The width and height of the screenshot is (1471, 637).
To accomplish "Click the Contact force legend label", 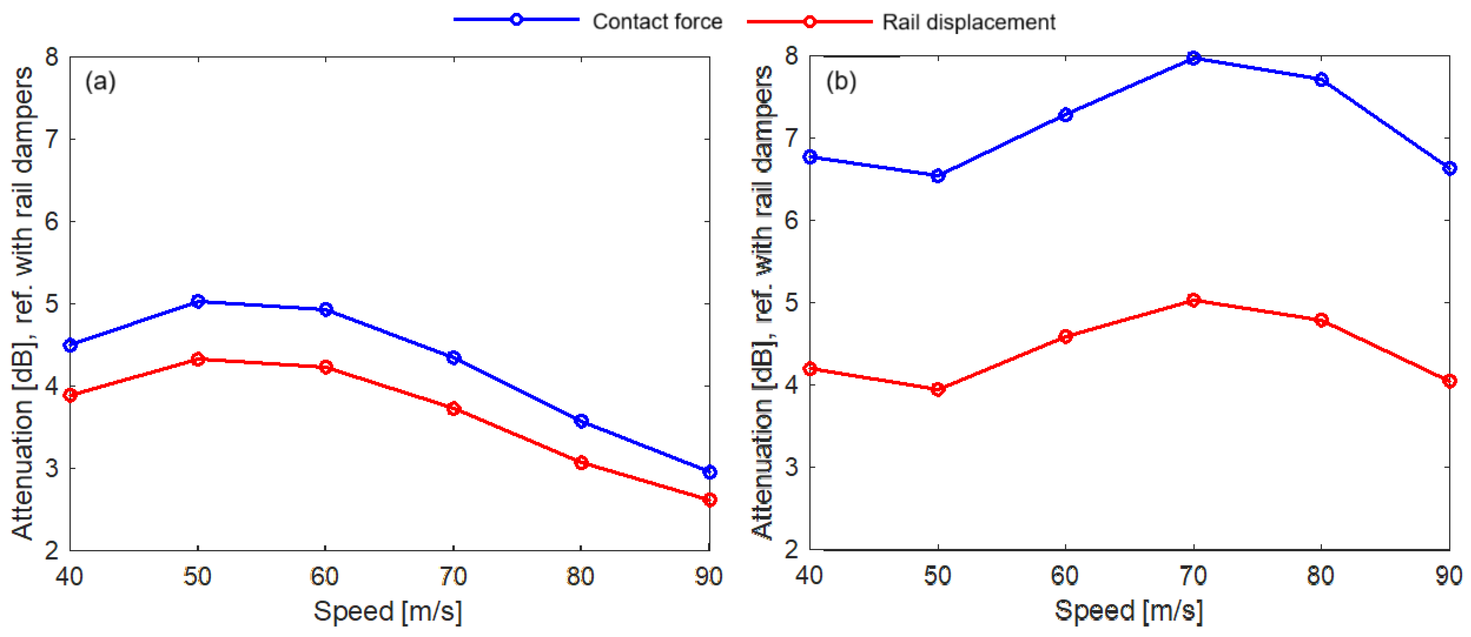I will [657, 22].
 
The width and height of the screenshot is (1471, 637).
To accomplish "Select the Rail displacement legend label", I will [968, 22].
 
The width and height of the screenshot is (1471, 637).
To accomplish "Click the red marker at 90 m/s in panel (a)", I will [709, 500].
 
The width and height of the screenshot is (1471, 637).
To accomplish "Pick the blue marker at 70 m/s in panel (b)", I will [1193, 58].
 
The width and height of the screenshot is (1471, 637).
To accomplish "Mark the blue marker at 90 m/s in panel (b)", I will [1449, 168].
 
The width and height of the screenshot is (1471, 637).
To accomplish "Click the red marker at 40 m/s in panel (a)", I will [70, 395].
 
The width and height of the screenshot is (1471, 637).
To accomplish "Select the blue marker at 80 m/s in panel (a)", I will [581, 421].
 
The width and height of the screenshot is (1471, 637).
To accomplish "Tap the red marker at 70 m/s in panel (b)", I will [1193, 300].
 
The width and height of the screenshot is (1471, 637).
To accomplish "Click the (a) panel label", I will [101, 82].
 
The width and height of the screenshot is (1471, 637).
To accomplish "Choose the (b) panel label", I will [840, 82].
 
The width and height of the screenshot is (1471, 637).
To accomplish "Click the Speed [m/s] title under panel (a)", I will [388, 611].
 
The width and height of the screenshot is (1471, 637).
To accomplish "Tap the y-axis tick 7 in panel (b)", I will [792, 138].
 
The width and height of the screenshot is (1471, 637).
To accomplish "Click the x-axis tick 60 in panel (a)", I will [325, 577].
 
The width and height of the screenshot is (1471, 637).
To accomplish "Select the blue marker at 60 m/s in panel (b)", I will [1065, 115].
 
